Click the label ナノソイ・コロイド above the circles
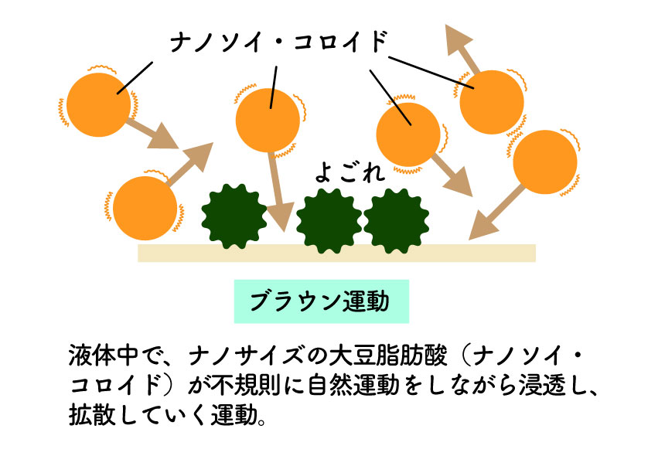[278, 42]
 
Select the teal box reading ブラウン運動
[321, 301]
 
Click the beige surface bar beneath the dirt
[336, 253]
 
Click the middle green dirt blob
[329, 221]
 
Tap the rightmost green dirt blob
[397, 221]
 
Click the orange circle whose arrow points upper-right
[145, 209]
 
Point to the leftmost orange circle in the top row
[99, 106]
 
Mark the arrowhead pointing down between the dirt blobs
[279, 216]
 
